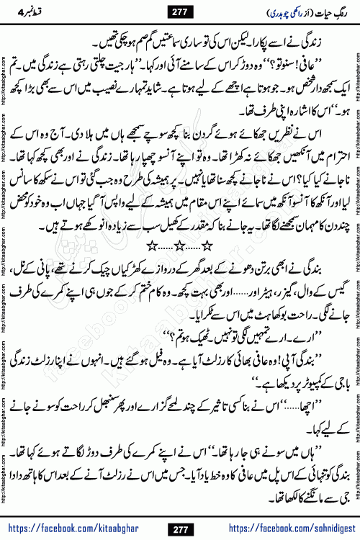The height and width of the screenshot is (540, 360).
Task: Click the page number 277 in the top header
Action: pos(179,11)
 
